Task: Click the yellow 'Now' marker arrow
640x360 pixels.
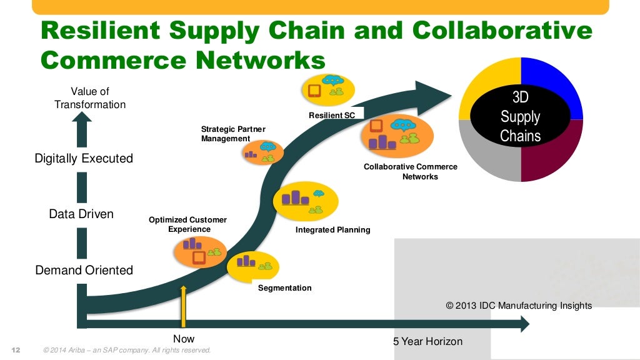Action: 183,306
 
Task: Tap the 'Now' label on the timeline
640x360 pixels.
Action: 184,339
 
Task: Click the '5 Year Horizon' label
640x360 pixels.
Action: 427,341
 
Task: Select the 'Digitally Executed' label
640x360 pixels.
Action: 84,159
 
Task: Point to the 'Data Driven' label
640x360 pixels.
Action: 81,214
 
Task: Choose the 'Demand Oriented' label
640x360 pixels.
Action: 84,271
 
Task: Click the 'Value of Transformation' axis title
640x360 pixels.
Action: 90,98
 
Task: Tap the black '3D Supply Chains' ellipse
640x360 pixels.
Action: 521,117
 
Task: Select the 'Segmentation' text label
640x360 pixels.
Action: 284,288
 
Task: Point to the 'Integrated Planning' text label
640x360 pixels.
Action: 332,230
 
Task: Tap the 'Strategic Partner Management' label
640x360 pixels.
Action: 232,134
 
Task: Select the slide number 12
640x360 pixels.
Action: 16,349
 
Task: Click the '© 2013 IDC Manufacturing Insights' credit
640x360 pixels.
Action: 519,306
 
